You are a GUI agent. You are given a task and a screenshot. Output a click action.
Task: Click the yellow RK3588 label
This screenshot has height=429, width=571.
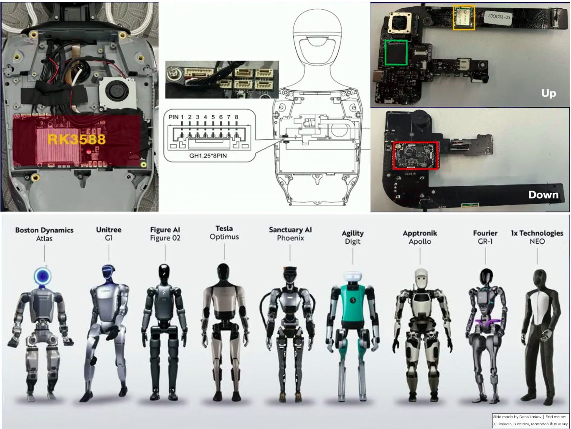coord(76,139)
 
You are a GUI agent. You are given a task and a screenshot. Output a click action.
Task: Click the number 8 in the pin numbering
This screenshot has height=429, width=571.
coord(236,117)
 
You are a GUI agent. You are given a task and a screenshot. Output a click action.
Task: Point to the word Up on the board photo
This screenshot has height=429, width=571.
coord(548,93)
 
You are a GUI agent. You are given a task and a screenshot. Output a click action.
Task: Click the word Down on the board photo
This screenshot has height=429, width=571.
coord(543,194)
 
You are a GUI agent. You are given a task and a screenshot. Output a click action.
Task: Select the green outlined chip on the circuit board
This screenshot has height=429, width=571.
coord(396,52)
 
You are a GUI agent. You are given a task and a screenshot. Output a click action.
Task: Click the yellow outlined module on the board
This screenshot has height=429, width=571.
coord(464,18)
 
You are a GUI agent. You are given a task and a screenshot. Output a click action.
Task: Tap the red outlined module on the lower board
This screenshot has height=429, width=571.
coord(416,155)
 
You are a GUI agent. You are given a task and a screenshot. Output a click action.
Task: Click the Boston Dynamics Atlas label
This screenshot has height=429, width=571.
coord(44,234)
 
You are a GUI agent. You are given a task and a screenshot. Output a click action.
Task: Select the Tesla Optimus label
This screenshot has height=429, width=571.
coord(224,232)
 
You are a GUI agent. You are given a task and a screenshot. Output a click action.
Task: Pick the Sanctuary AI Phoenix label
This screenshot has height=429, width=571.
coord(290,234)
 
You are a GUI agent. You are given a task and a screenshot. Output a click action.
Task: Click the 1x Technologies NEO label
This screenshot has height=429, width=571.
coord(537,237)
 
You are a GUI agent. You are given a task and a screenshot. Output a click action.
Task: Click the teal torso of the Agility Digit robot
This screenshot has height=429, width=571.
coord(353,302)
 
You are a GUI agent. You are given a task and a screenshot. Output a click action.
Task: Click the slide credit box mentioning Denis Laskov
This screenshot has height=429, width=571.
coord(529,420)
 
